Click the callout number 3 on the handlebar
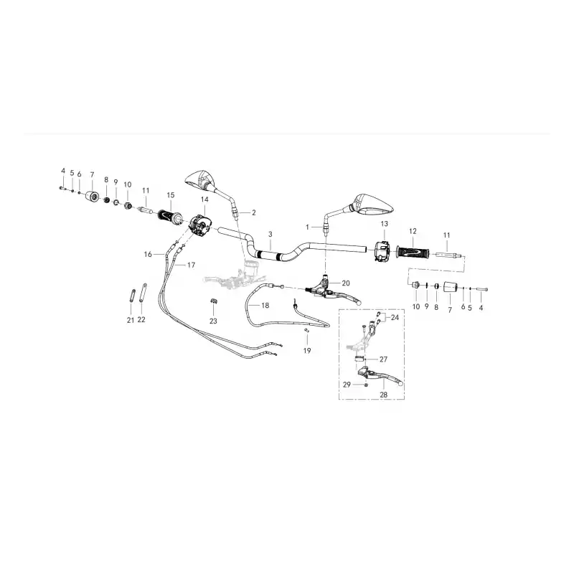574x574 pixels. pos(270,234)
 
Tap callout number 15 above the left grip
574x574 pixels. pos(171,195)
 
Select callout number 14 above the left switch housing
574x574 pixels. pos(204,199)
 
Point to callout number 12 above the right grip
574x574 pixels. pos(413,231)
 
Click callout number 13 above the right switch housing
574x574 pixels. pos(384,224)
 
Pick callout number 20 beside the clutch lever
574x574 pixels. pos(346,283)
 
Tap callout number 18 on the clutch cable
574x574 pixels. pos(265,306)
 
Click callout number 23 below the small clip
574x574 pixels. pos(213,321)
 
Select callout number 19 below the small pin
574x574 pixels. pos(307,351)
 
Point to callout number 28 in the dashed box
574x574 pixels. pos(383,395)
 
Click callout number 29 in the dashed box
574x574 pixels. pos(347,385)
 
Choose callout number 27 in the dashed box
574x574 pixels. pos(383,359)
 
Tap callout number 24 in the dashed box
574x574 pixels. pos(395,317)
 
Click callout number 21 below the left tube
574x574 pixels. pos(131,320)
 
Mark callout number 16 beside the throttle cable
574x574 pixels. pos(148,254)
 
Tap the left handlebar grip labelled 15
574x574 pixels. pos(169,217)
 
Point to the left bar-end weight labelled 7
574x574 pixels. pos(93,196)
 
